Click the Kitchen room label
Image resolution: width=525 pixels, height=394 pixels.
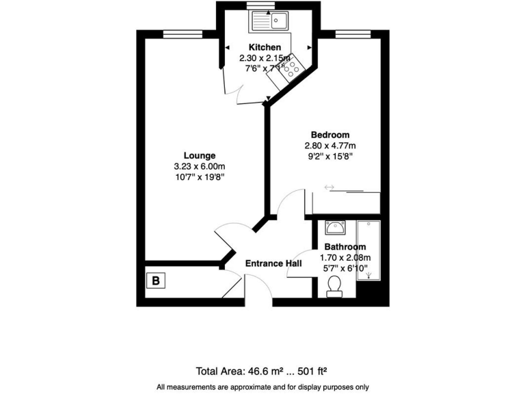point(265,47)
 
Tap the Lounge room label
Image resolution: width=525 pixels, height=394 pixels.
point(200,155)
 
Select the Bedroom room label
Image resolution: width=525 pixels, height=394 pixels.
point(330,135)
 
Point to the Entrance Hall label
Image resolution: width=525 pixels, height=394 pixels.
point(273,263)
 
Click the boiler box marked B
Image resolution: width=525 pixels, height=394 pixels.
point(157,280)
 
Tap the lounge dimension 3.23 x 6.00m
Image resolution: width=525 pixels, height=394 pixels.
point(200,166)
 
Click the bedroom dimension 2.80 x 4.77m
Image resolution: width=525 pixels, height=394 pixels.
point(330,146)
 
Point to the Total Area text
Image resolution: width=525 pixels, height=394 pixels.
point(262,371)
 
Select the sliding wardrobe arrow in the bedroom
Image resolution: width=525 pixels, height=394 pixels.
point(329,187)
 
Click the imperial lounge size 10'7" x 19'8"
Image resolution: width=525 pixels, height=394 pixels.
point(200,177)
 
